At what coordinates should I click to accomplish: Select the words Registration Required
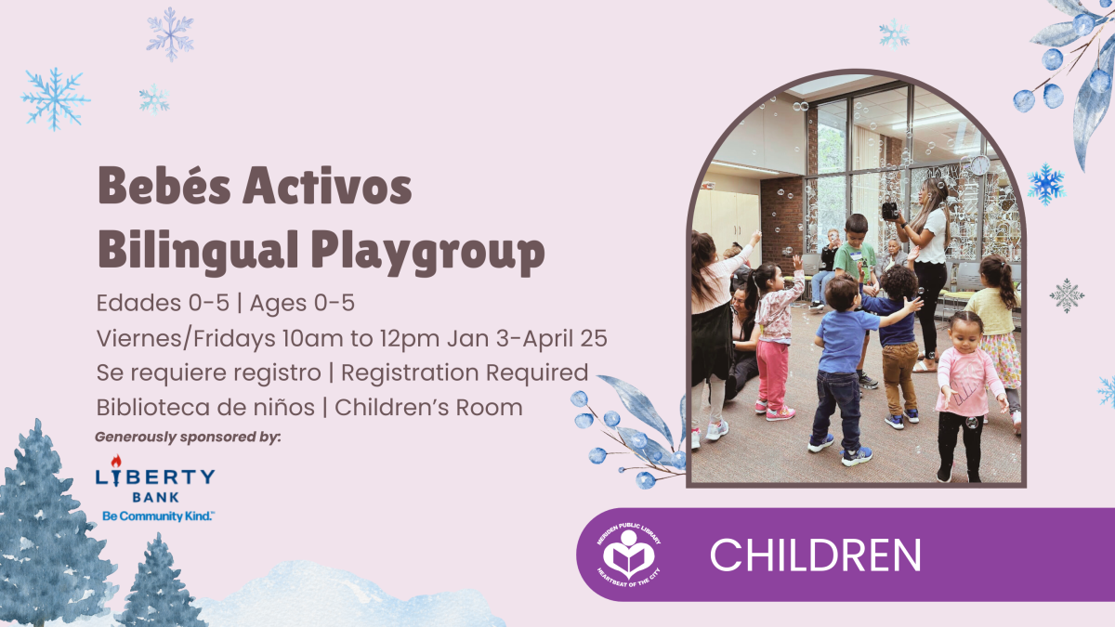(465, 372)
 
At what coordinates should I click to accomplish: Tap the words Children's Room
(429, 407)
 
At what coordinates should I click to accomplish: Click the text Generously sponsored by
(188, 436)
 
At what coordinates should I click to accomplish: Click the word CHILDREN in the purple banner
(815, 555)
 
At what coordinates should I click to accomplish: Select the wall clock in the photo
(978, 165)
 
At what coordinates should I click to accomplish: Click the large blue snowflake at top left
(55, 97)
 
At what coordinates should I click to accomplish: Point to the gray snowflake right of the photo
(1067, 295)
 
